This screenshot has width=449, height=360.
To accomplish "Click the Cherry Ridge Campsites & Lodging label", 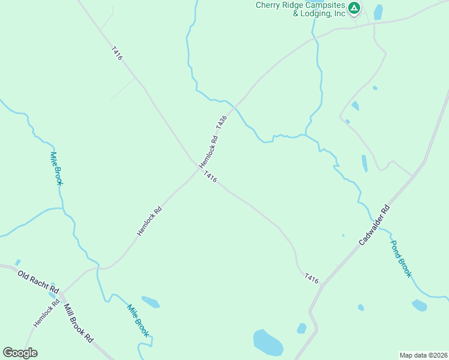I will click(x=301, y=9).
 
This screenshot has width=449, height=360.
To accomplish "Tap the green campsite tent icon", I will click(x=354, y=8).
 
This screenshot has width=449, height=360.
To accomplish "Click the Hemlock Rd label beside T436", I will click(x=208, y=152).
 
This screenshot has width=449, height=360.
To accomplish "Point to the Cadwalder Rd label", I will click(x=375, y=225).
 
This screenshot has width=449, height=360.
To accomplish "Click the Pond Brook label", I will click(x=401, y=259).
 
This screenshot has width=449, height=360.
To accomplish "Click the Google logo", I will click(x=20, y=353).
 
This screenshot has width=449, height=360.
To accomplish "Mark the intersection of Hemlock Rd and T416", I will click(x=198, y=169).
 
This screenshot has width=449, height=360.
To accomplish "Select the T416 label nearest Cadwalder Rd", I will click(x=311, y=278).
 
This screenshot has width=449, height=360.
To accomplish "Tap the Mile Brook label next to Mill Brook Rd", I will click(x=137, y=320).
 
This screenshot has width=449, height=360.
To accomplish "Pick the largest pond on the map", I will click(x=268, y=342).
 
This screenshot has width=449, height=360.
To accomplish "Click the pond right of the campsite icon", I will click(x=378, y=12).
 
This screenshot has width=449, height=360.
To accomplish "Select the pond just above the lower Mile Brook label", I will click(x=151, y=301).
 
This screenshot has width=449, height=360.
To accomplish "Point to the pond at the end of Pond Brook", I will click(x=420, y=305).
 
